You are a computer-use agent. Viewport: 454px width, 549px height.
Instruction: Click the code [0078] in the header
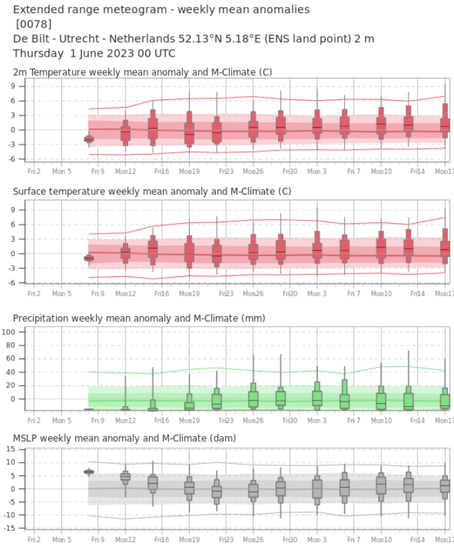33,24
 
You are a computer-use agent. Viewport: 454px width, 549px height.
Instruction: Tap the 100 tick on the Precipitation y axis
16,332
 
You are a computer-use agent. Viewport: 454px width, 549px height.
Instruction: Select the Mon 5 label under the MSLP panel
61,539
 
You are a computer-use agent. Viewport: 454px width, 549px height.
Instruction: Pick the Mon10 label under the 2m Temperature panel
382,170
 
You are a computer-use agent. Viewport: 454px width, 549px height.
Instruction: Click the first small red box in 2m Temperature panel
89,139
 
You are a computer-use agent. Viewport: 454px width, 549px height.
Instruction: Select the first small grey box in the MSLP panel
89,472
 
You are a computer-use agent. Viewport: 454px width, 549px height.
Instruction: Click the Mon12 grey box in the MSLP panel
125,476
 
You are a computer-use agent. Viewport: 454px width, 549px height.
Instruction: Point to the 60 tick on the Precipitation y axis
20,359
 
